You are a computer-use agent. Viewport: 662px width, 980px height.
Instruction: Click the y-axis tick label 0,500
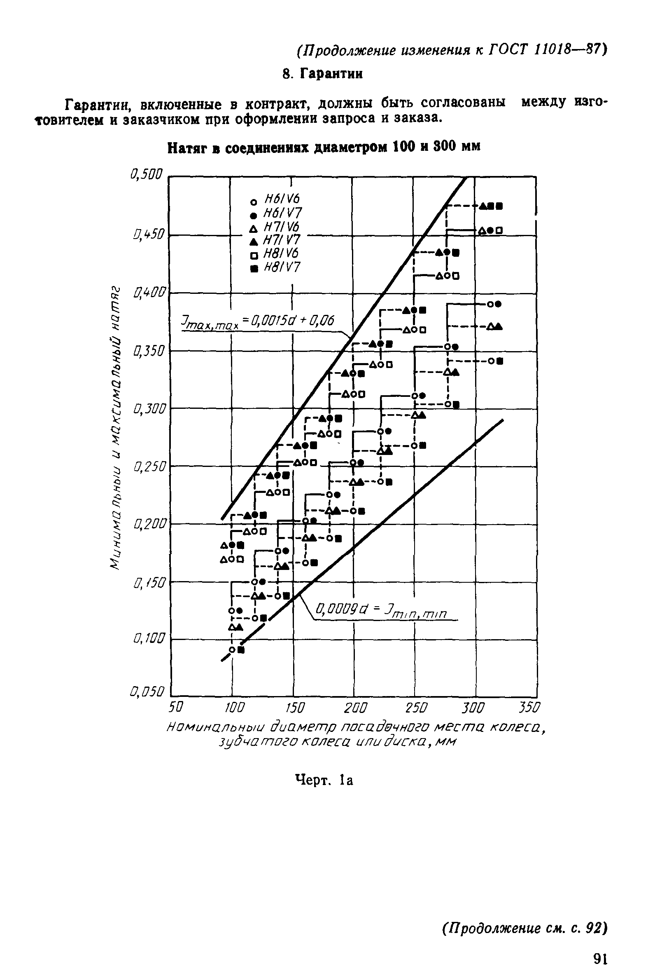[146, 174]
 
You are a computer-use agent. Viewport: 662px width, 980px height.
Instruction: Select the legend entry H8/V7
[281, 267]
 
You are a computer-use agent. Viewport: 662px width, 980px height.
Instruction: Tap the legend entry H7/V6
[281, 227]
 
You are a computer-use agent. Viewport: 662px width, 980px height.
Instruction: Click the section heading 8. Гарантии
[322, 74]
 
